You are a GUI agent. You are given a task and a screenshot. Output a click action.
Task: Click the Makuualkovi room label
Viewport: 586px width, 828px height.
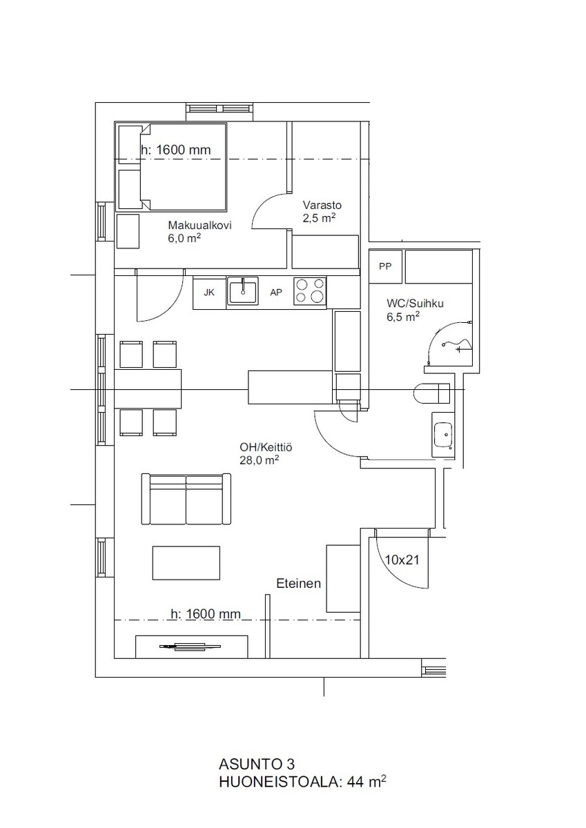(199, 225)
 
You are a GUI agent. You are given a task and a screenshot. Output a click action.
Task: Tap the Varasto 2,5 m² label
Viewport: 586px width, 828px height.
(320, 211)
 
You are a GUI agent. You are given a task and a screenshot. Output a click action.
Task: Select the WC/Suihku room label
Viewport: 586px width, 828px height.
(415, 303)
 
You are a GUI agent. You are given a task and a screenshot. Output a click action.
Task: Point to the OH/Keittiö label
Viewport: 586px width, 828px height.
(266, 447)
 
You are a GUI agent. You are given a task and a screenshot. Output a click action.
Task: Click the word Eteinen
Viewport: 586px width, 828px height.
(298, 583)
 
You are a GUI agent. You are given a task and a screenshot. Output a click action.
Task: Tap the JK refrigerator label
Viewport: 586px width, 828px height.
(209, 293)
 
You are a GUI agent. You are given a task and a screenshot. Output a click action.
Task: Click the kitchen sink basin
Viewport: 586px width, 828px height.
(242, 292)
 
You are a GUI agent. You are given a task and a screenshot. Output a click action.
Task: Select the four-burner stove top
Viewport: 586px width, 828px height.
(310, 291)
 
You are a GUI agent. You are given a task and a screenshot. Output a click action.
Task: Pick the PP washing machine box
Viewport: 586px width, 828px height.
(385, 266)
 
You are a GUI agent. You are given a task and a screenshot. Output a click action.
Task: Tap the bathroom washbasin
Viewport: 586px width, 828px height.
(442, 435)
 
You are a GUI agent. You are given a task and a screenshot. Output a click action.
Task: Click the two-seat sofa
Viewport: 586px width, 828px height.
(186, 499)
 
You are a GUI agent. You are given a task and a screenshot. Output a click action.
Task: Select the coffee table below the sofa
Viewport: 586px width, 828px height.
(186, 563)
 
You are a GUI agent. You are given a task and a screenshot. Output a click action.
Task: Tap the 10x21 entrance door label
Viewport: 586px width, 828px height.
(402, 560)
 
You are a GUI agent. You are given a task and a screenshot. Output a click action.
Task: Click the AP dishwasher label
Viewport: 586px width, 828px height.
(276, 293)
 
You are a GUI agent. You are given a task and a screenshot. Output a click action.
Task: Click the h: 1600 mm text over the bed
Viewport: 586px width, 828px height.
(176, 150)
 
